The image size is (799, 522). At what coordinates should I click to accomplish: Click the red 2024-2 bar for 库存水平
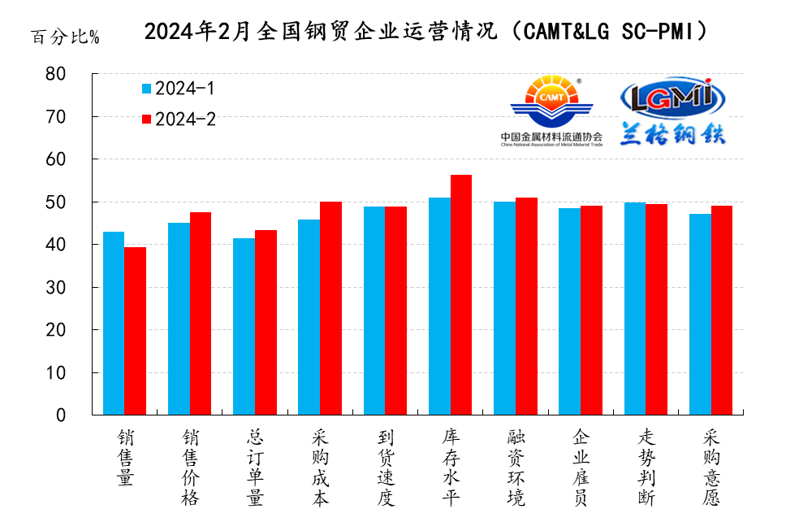click(x=460, y=294)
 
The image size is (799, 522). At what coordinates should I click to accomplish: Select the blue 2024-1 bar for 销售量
click(x=114, y=323)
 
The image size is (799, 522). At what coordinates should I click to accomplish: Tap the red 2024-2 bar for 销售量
click(x=135, y=331)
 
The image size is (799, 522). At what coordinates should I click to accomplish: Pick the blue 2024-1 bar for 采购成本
click(x=309, y=317)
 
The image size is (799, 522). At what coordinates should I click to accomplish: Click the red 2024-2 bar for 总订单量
click(x=266, y=322)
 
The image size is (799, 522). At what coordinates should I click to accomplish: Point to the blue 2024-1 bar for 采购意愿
click(x=700, y=314)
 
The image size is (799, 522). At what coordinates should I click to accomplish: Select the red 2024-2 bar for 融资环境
click(x=526, y=306)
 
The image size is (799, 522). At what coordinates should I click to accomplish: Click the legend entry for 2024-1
click(x=178, y=89)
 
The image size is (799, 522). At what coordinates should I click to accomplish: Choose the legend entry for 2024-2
click(x=178, y=119)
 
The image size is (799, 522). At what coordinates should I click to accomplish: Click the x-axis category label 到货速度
click(x=385, y=468)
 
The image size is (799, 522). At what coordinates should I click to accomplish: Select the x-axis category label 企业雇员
click(x=581, y=468)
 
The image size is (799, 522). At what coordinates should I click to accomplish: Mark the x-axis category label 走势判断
click(x=646, y=468)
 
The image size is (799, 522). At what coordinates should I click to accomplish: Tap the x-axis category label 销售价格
click(x=189, y=468)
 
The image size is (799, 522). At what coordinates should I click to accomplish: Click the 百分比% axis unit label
click(x=65, y=37)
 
